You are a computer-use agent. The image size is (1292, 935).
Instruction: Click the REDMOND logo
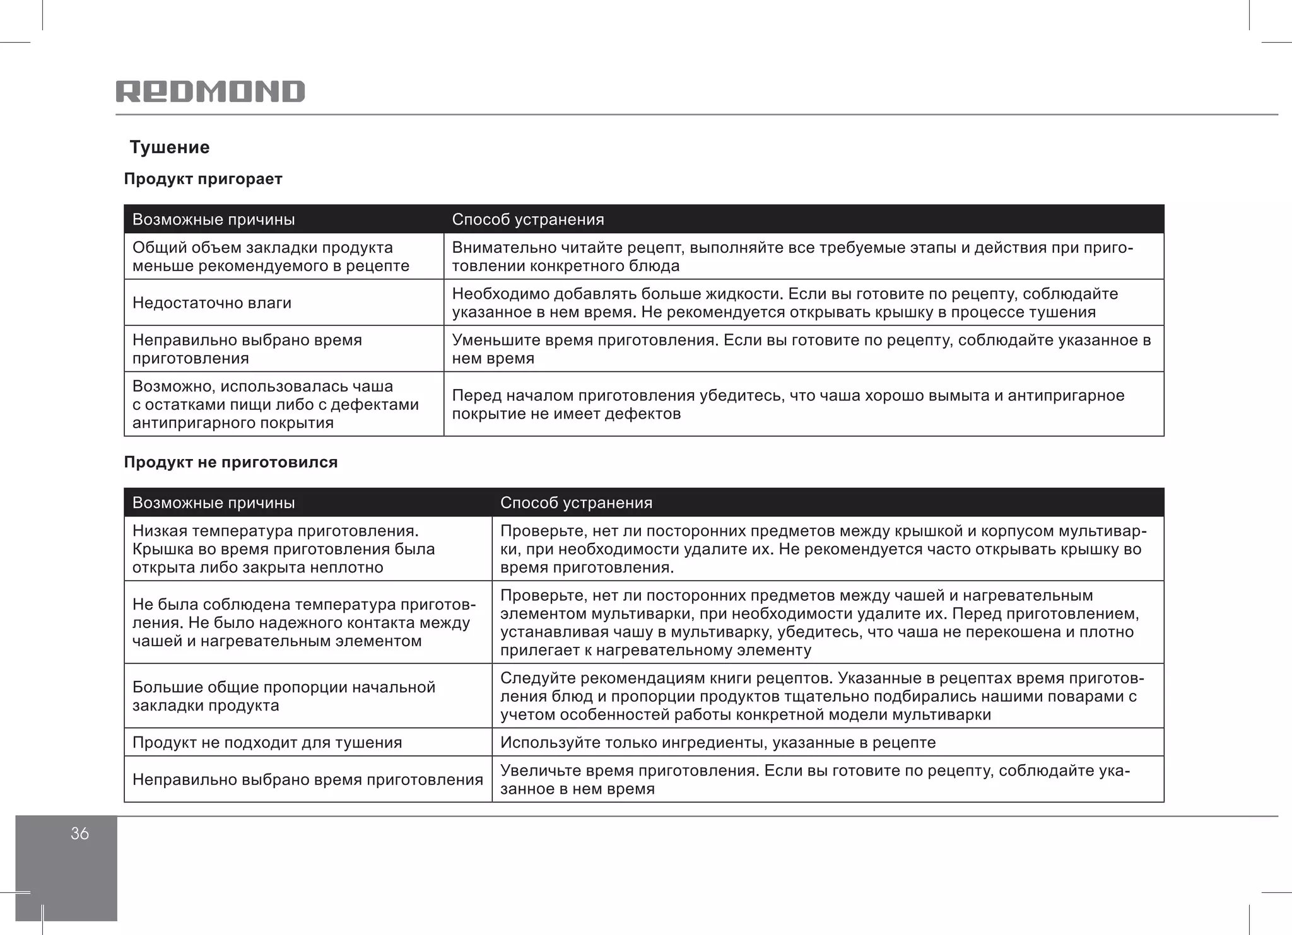(210, 91)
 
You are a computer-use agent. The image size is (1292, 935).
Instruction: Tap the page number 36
(79, 833)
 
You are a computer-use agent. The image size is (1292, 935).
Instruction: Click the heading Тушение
(169, 148)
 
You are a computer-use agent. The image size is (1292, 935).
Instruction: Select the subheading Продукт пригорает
(203, 179)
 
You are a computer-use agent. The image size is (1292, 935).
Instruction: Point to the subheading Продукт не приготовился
(231, 462)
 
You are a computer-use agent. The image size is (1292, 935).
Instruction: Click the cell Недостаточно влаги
(212, 303)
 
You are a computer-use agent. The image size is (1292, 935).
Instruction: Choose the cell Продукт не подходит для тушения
(267, 742)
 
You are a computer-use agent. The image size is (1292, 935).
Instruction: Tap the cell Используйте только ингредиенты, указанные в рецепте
(718, 742)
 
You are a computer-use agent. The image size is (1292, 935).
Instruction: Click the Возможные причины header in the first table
(213, 219)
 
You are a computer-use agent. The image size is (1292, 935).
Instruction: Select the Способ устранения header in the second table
(576, 502)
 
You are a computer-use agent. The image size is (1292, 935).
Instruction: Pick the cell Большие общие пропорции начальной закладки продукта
(283, 695)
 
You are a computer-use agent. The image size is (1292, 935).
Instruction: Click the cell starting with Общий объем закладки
(271, 257)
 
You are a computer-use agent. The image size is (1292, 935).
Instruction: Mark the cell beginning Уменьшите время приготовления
(801, 349)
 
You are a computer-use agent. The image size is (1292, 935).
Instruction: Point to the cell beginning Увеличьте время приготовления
(814, 779)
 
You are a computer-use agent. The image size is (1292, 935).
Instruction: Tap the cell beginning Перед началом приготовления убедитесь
(788, 404)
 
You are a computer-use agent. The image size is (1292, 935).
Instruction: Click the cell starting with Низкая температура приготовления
(283, 549)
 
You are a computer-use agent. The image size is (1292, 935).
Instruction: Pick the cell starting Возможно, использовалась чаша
(275, 404)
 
